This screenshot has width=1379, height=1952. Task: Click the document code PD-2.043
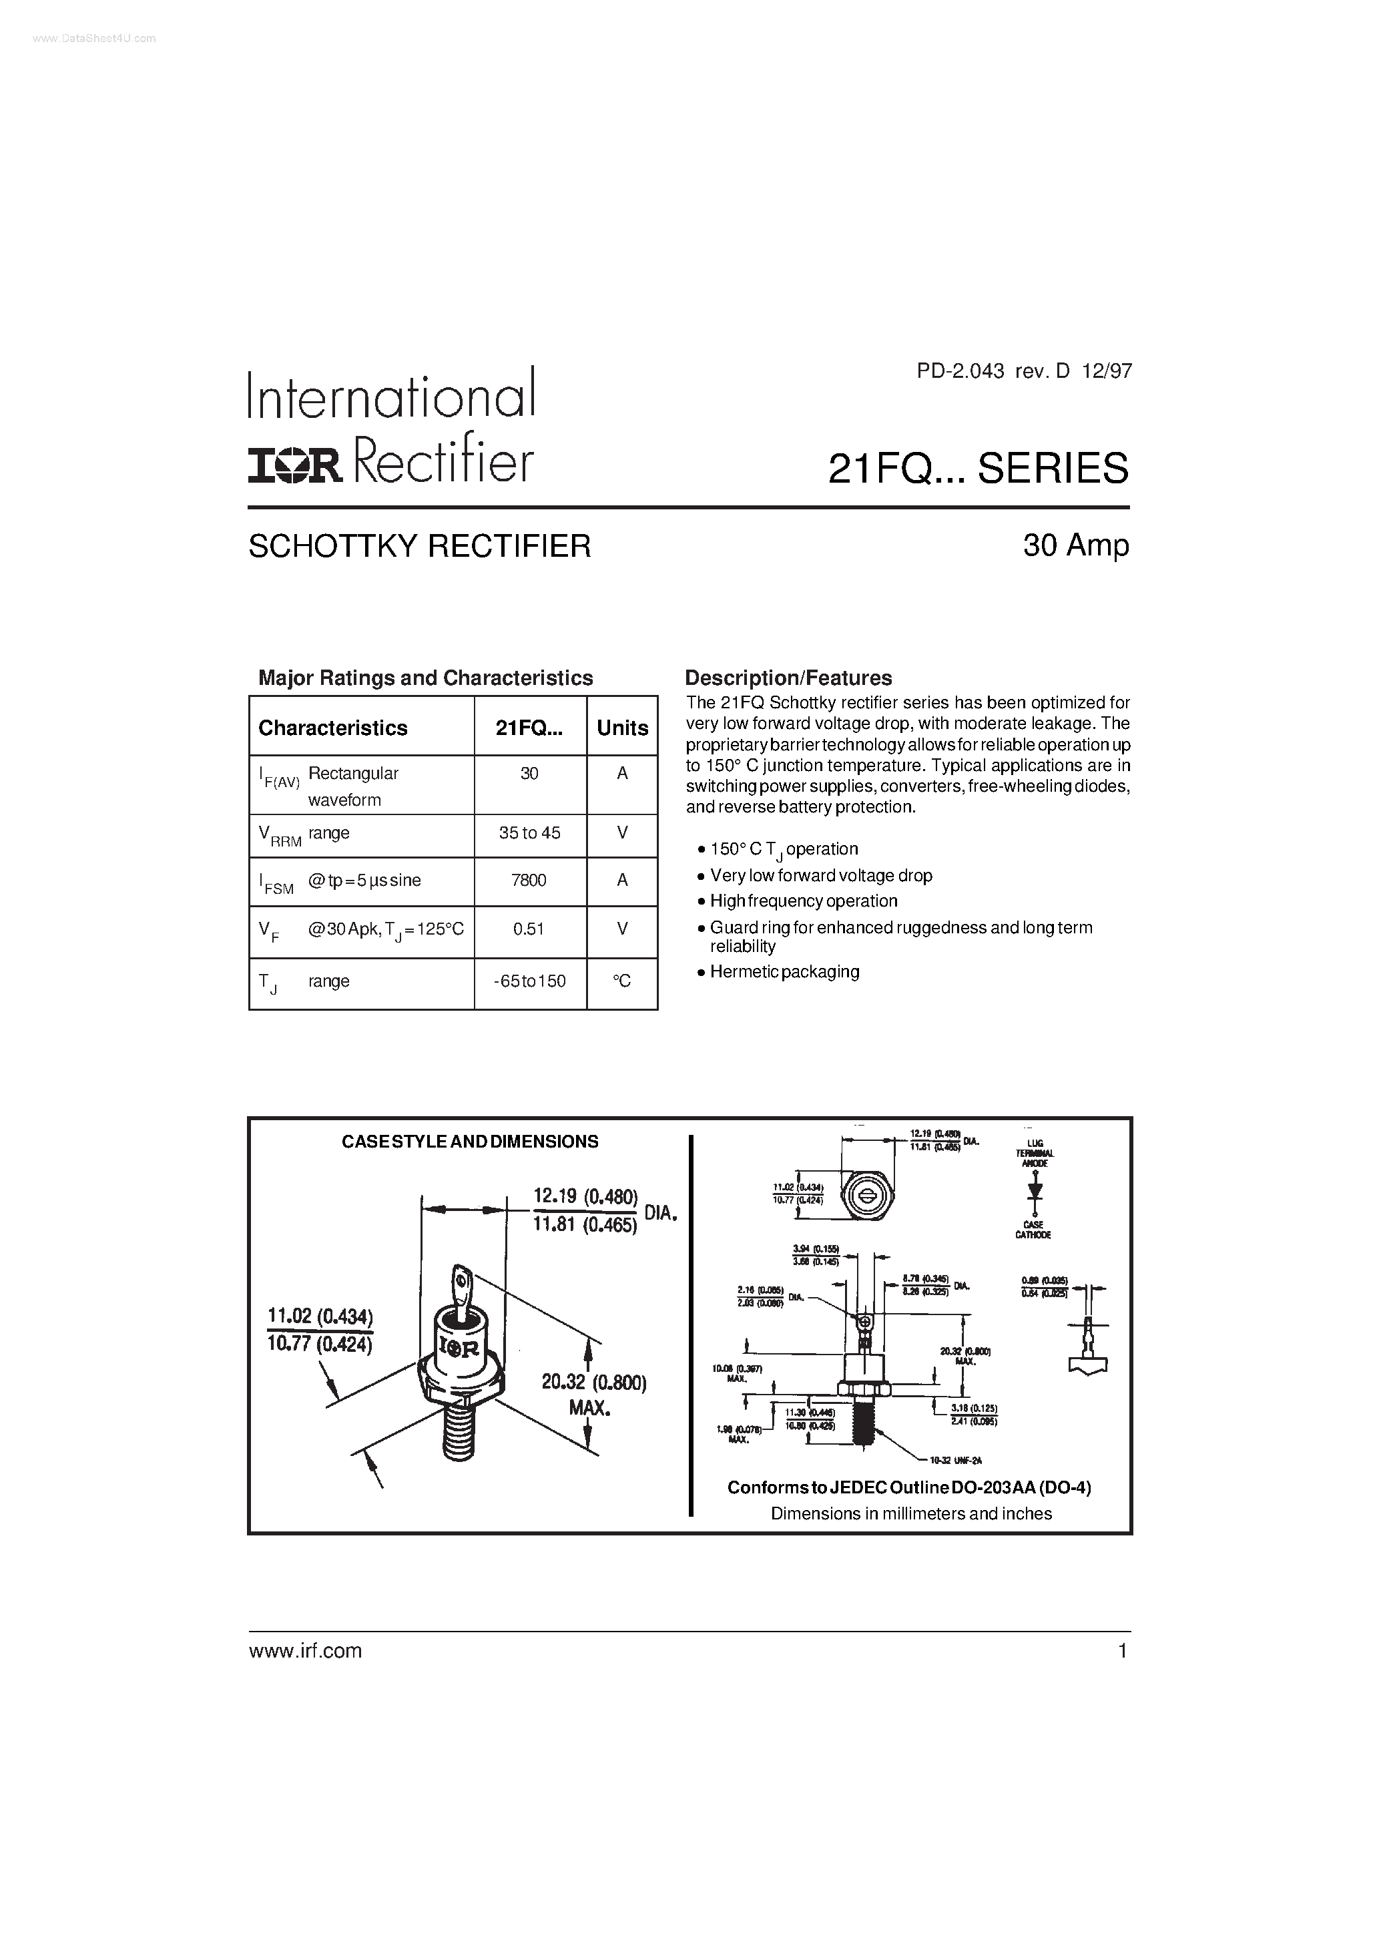[960, 371]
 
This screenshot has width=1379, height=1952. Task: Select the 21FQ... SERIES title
[978, 469]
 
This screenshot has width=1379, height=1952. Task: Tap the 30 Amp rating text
[1075, 545]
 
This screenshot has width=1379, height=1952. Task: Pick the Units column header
[622, 728]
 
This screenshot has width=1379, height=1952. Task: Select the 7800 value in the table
[529, 880]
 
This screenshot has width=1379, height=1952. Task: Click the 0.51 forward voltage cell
[529, 929]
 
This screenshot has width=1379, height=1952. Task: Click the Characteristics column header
[332, 728]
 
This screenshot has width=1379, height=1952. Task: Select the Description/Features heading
[788, 678]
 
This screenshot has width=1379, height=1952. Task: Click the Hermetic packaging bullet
[784, 971]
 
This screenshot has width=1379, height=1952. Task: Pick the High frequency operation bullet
[804, 901]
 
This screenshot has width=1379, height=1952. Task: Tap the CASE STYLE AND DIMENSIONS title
[469, 1142]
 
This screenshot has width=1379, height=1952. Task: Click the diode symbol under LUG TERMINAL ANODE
[1035, 1188]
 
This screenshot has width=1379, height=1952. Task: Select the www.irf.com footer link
[305, 1651]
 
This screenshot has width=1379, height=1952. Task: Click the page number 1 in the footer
[1122, 1651]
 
